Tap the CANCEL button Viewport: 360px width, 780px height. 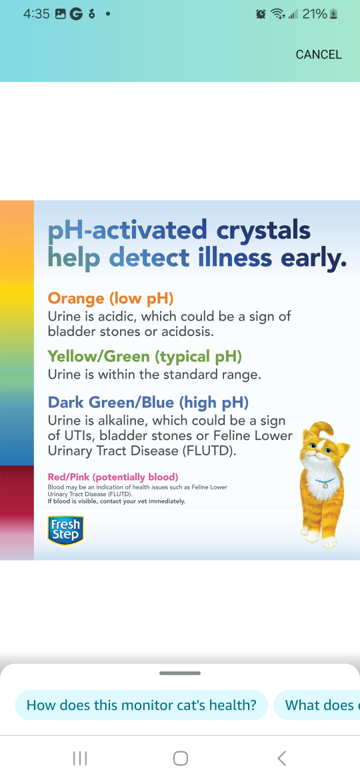(x=319, y=55)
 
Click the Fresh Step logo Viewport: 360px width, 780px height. (x=65, y=530)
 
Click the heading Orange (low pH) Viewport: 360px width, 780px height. (x=111, y=299)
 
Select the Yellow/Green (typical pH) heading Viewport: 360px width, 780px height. (x=145, y=357)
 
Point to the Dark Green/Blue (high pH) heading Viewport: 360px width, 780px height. (x=148, y=401)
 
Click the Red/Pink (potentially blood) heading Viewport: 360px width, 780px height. (x=113, y=477)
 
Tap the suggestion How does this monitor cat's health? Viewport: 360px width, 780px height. (x=141, y=705)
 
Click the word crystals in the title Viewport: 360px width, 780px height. (x=263, y=230)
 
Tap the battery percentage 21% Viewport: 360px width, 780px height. (x=315, y=14)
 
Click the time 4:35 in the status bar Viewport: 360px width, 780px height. (x=36, y=14)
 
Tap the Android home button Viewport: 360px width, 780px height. (x=181, y=758)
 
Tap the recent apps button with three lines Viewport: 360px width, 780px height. (x=80, y=758)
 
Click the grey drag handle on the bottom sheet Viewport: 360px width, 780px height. (x=180, y=673)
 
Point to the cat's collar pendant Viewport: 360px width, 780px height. (x=325, y=485)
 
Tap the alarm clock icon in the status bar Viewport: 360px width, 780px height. (x=261, y=15)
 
